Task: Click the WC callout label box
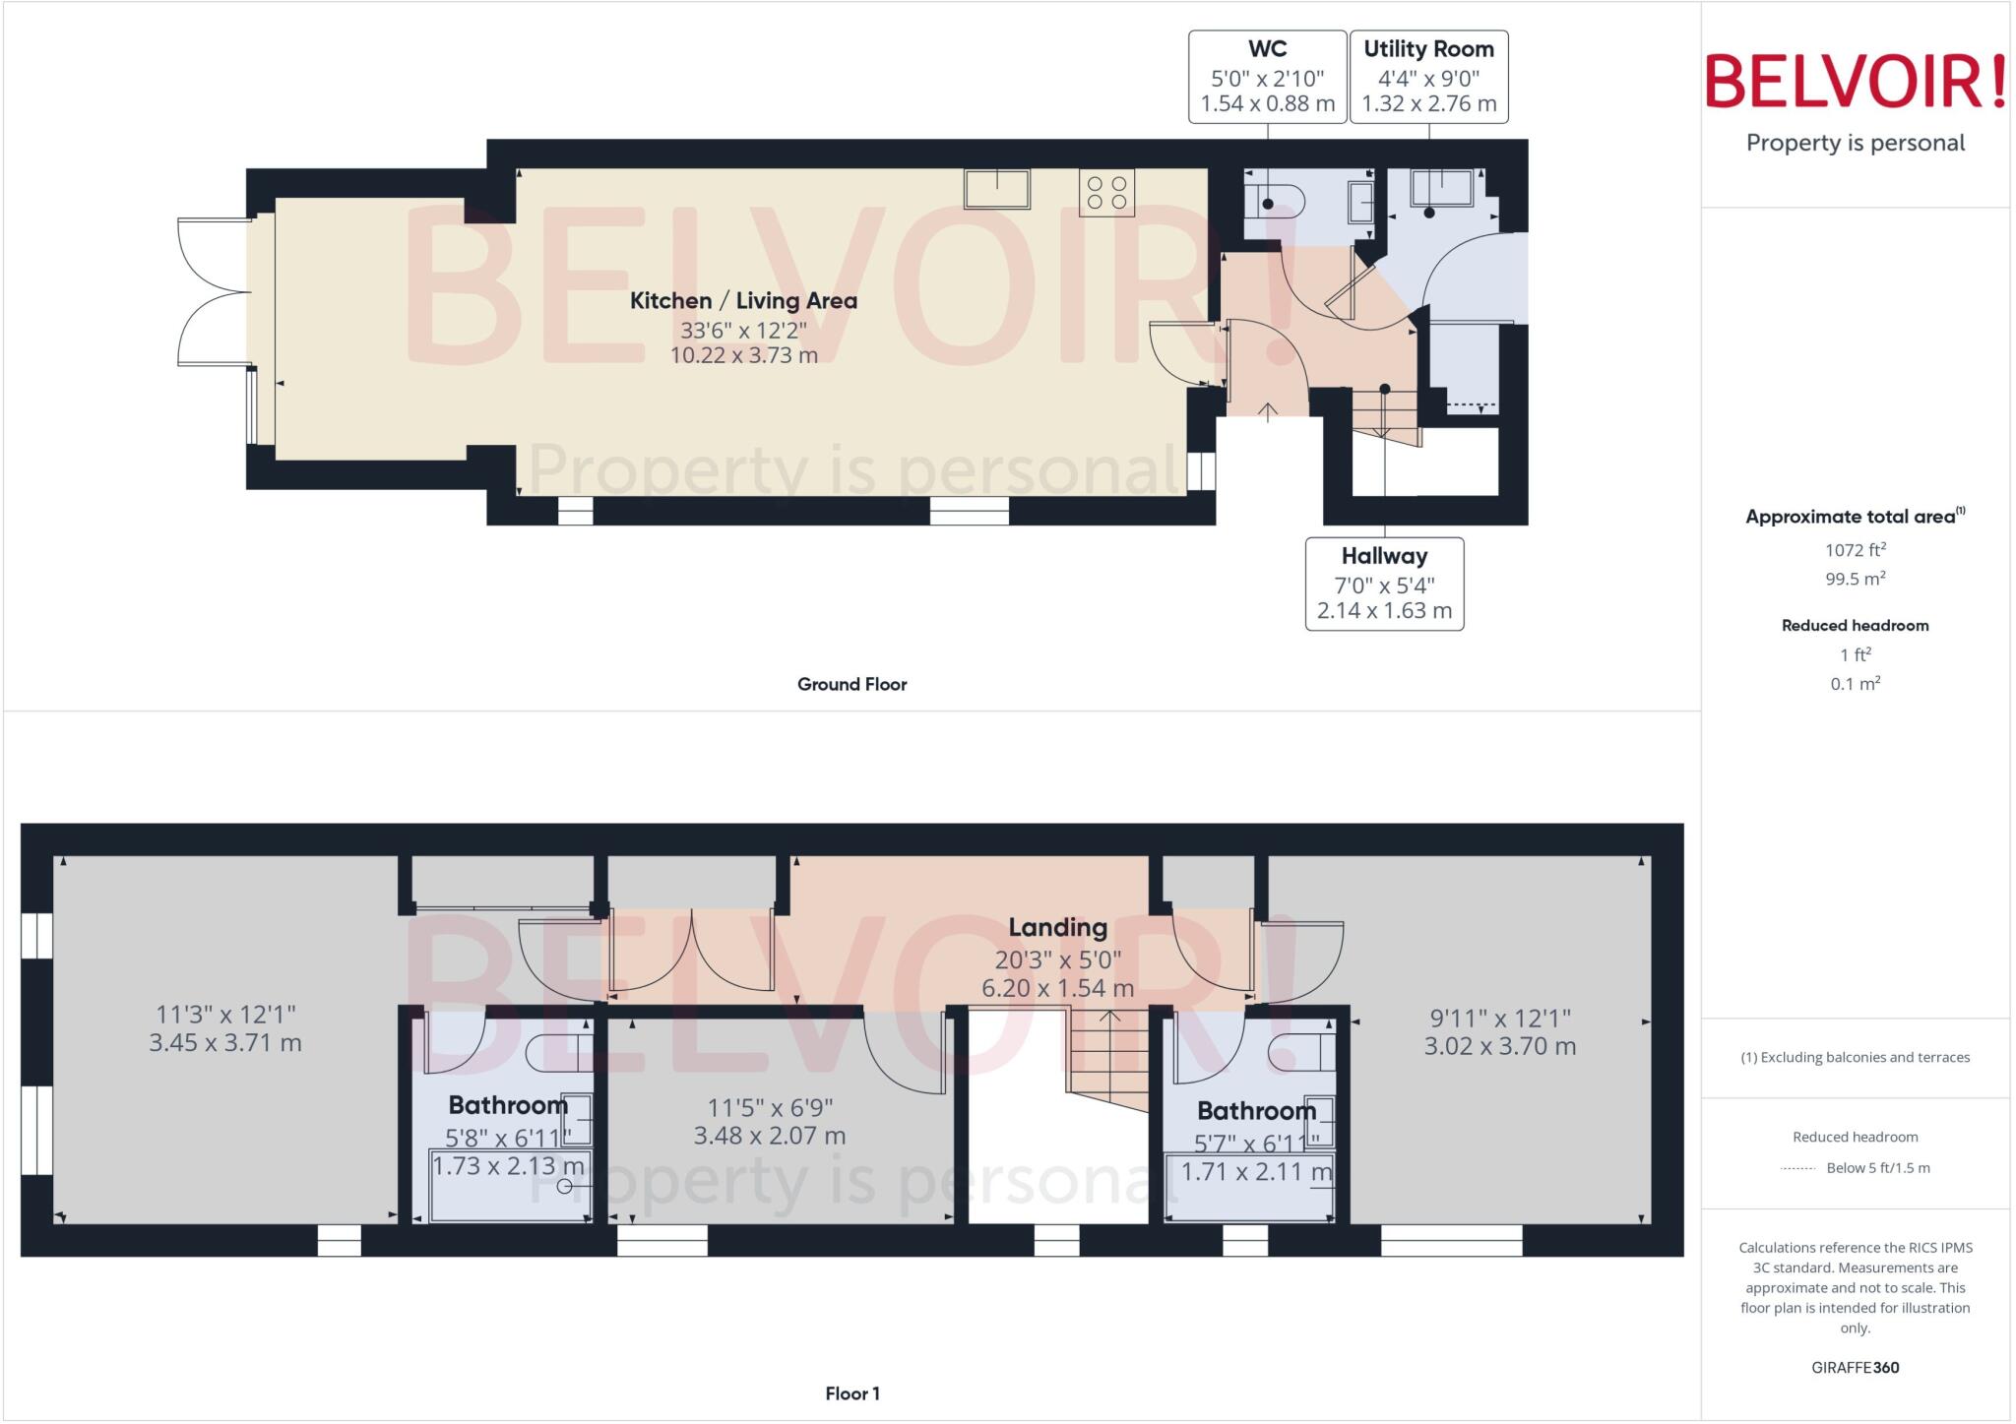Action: pyautogui.click(x=1267, y=77)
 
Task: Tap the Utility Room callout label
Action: pyautogui.click(x=1428, y=77)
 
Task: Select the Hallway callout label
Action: pyautogui.click(x=1384, y=584)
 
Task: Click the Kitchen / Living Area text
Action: pyautogui.click(x=743, y=301)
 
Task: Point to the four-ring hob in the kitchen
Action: pyautogui.click(x=1107, y=193)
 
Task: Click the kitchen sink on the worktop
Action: pyautogui.click(x=997, y=189)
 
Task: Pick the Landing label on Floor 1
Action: pyautogui.click(x=1057, y=927)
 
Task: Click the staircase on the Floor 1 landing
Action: pyautogui.click(x=1108, y=1060)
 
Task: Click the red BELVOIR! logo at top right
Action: pyautogui.click(x=1856, y=82)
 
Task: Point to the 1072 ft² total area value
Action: pyautogui.click(x=1856, y=550)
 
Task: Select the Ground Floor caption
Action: pyautogui.click(x=851, y=684)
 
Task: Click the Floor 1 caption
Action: pyautogui.click(x=852, y=1393)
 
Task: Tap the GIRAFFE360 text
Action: pyautogui.click(x=1856, y=1367)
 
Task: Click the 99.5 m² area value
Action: pyautogui.click(x=1856, y=579)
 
